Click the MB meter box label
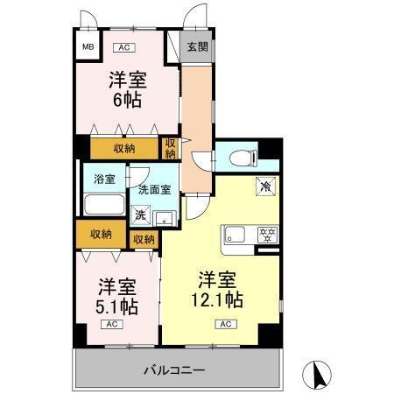pyautogui.click(x=88, y=46)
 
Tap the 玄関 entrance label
pyautogui.click(x=198, y=47)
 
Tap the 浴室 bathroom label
pyautogui.click(x=104, y=179)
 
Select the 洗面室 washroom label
pyautogui.click(x=154, y=190)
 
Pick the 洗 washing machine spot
pyautogui.click(x=140, y=213)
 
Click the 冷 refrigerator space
pyautogui.click(x=264, y=186)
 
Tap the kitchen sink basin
pyautogui.click(x=235, y=235)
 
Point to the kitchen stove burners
pyautogui.click(x=266, y=235)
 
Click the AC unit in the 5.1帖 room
pyautogui.click(x=113, y=325)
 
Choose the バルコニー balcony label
pyautogui.click(x=174, y=370)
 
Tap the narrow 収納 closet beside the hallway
pyautogui.click(x=171, y=148)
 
